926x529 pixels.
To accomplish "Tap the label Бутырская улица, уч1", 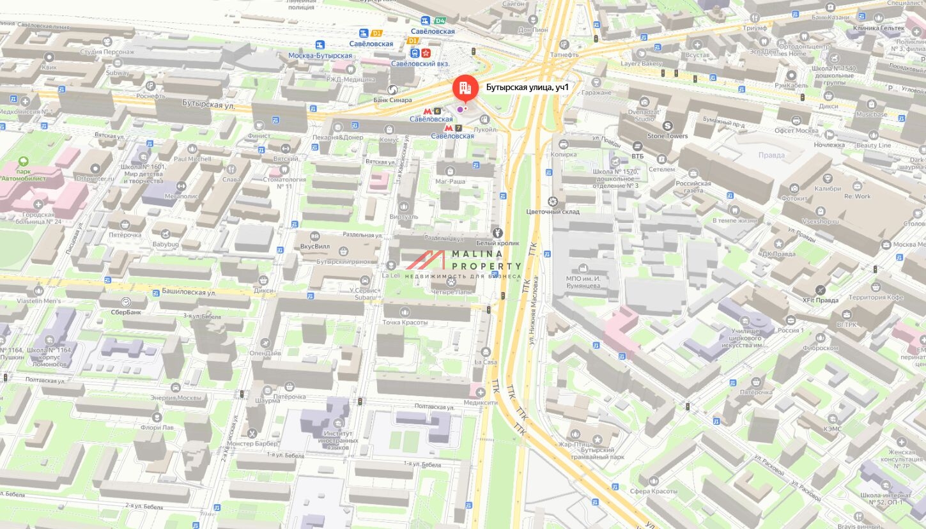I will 527,88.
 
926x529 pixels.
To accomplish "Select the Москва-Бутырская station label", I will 320,56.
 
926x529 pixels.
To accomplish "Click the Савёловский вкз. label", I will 421,64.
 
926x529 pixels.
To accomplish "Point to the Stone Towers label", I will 668,135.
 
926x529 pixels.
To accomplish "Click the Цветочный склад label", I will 552,211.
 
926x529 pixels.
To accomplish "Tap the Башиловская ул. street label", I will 183,293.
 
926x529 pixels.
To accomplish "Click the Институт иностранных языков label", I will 337,440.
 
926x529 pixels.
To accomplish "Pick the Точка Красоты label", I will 405,322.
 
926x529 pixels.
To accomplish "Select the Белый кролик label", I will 497,243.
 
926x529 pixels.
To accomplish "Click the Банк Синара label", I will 392,100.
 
